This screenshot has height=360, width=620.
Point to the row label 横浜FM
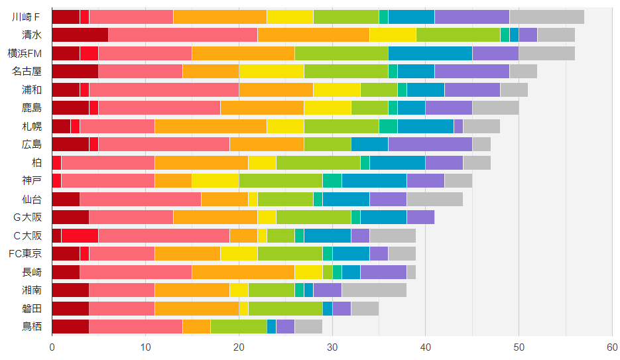click(x=27, y=54)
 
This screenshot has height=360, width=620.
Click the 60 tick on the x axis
click(x=612, y=347)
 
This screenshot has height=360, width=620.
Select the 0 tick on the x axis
click(x=52, y=347)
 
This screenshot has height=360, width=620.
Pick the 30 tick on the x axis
click(x=332, y=347)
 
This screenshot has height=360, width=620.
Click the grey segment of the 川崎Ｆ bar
click(x=546, y=17)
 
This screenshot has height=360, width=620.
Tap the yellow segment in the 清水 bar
click(x=393, y=35)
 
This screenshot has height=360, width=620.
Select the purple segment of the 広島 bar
click(x=430, y=144)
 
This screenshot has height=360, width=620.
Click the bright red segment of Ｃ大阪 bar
click(x=80, y=235)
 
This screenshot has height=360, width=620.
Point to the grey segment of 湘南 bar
click(x=374, y=289)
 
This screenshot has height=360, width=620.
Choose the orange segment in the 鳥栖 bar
click(x=196, y=326)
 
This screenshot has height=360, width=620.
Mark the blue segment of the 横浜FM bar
click(x=430, y=54)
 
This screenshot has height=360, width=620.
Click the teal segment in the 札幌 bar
click(x=388, y=126)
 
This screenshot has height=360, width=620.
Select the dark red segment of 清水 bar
click(x=80, y=35)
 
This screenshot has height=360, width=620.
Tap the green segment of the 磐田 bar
click(x=285, y=308)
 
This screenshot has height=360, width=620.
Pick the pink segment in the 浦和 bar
click(x=164, y=90)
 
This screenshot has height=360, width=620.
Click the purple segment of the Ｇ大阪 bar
click(x=420, y=216)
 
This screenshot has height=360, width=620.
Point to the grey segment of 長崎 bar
click(x=411, y=271)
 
